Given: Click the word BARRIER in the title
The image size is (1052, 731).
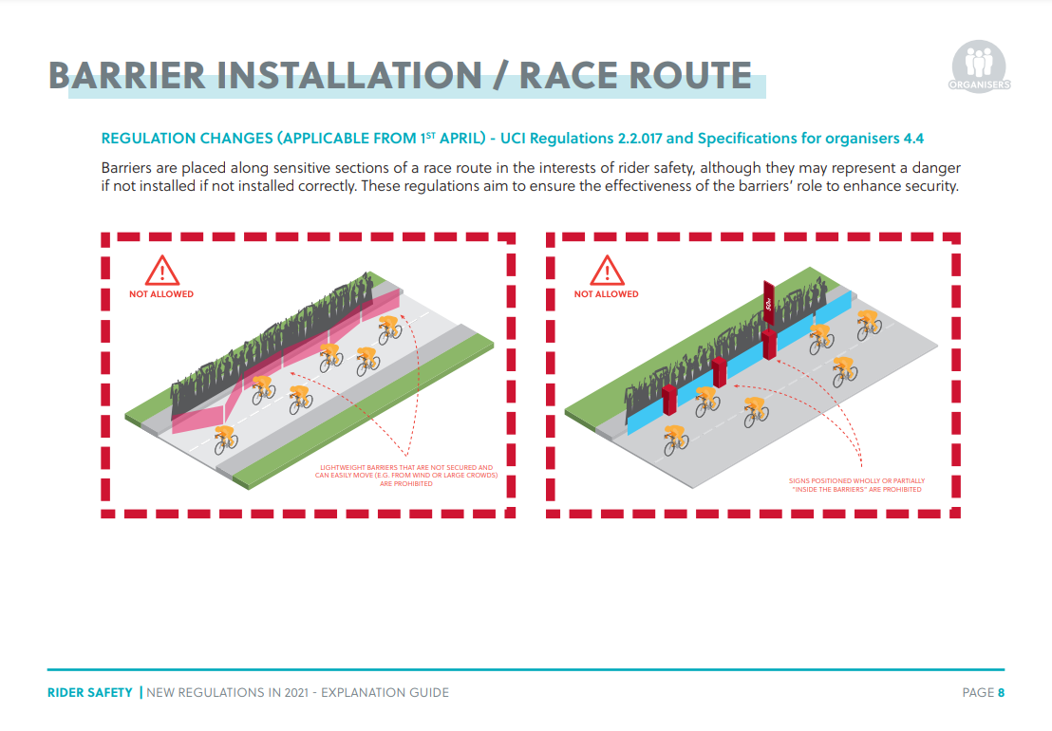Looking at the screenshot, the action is click(x=127, y=75).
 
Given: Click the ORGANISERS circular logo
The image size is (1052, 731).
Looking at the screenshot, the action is click(x=979, y=66).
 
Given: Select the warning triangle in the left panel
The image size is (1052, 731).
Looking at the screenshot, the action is click(x=161, y=271).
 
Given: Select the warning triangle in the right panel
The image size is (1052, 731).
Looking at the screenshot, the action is click(x=607, y=271).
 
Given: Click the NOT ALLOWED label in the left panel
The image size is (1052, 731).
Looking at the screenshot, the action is click(x=161, y=293).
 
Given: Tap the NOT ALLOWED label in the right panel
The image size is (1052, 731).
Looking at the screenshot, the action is click(x=606, y=293).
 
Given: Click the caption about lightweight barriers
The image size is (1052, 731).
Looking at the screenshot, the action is click(x=406, y=476).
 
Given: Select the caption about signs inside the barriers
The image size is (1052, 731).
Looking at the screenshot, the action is click(x=856, y=485).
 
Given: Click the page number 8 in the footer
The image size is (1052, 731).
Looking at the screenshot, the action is click(x=1001, y=693).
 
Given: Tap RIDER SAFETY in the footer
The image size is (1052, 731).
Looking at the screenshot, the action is click(x=90, y=693).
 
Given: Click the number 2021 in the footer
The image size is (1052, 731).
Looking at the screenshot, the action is click(x=297, y=693).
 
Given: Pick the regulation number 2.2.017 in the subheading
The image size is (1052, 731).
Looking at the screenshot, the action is click(x=640, y=139).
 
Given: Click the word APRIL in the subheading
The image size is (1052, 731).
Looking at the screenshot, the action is click(x=460, y=139).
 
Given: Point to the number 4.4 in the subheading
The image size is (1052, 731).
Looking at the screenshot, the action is click(x=913, y=139).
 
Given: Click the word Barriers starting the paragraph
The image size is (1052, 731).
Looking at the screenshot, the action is click(x=126, y=168).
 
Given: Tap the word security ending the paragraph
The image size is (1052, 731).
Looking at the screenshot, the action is click(x=931, y=186).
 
